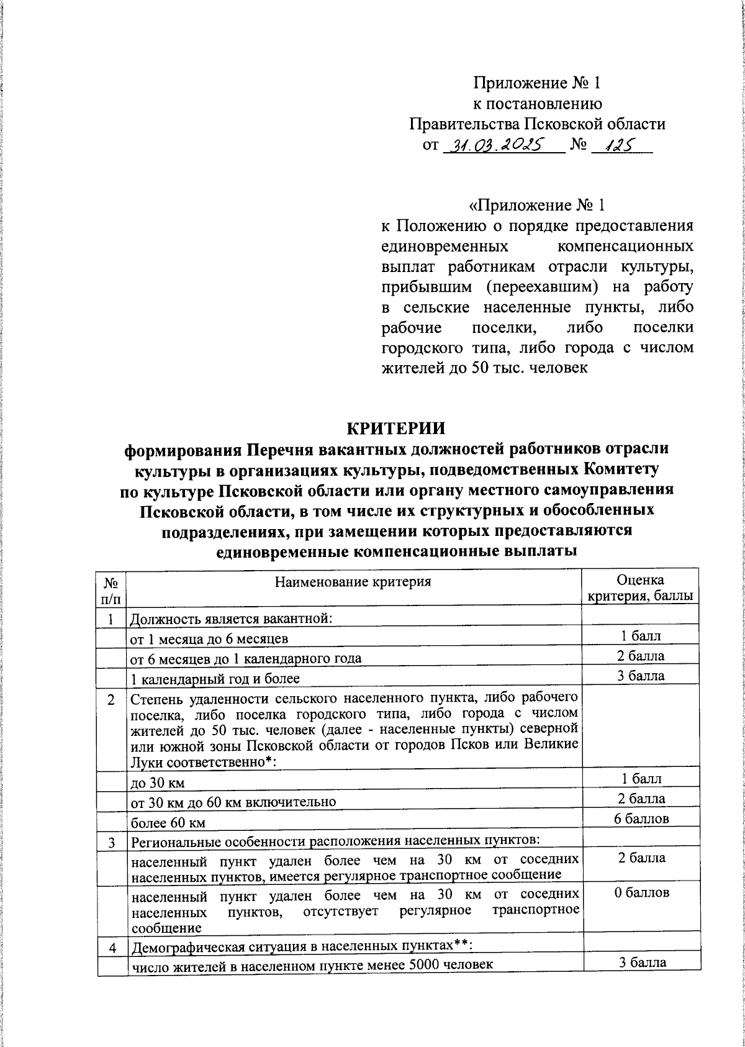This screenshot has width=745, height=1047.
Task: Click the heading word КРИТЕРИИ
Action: click(395, 429)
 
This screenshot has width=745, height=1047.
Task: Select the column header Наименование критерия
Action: click(353, 582)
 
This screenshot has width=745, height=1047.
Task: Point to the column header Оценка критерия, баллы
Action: click(641, 588)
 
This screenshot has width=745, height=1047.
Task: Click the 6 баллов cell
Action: click(641, 818)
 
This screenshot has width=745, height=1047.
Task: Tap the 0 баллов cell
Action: click(641, 892)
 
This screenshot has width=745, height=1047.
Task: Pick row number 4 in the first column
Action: click(112, 948)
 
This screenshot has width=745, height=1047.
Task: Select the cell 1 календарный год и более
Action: click(215, 679)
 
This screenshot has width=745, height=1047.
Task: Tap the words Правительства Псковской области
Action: click(537, 124)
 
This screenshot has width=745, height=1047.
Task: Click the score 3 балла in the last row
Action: click(641, 963)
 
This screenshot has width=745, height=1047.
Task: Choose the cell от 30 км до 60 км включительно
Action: click(233, 804)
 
